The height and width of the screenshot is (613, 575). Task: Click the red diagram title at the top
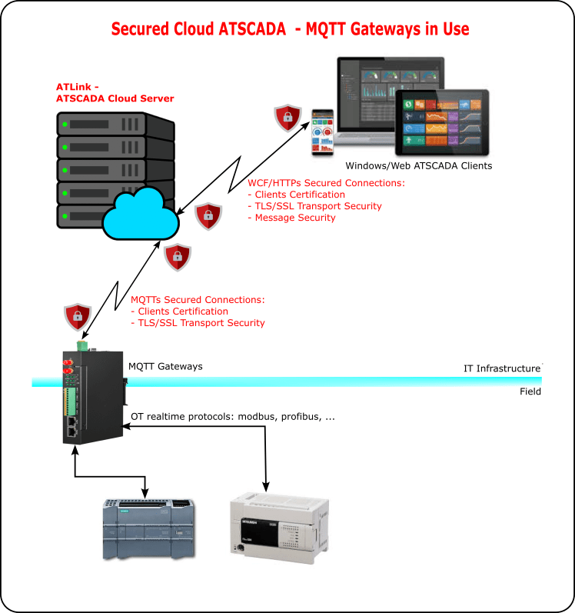tap(290, 29)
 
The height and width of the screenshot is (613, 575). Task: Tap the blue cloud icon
tap(141, 215)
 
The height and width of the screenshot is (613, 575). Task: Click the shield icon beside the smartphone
tap(288, 117)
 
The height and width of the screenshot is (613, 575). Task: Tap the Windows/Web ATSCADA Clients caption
tap(418, 165)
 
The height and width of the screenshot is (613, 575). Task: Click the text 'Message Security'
tap(291, 218)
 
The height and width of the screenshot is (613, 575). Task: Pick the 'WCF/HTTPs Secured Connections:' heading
tap(326, 183)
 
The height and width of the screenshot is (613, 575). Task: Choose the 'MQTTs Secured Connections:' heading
tap(198, 299)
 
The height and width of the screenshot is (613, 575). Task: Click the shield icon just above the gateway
tap(77, 315)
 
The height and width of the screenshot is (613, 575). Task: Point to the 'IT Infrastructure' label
tap(501, 368)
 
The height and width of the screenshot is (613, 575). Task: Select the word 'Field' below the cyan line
tap(530, 391)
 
